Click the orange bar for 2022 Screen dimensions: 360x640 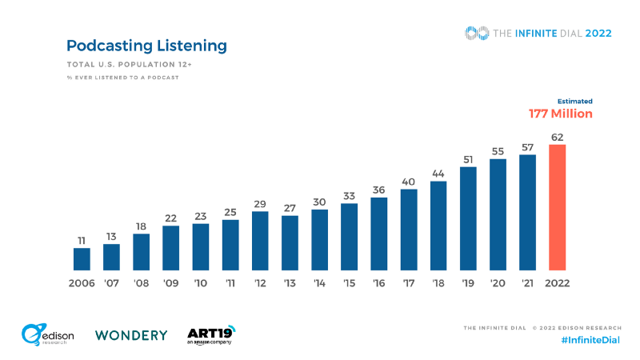pos(557,207)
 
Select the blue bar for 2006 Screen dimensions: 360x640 pos(82,259)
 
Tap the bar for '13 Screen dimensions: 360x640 pos(290,243)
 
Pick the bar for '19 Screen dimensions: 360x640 pos(468,218)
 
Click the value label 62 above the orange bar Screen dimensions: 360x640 pos(557,137)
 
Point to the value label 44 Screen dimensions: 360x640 pos(438,174)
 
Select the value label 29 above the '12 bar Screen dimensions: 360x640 pos(260,204)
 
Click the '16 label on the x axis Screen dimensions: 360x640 pos(379,283)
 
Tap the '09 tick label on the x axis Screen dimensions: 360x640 pos(171,283)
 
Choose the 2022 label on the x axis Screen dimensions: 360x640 pos(557,283)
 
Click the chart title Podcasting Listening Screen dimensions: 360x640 pos(146,46)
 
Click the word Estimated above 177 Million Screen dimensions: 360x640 pos(575,102)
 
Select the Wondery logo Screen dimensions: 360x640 pos(131,335)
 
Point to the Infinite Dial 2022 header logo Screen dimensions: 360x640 pos(538,33)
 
